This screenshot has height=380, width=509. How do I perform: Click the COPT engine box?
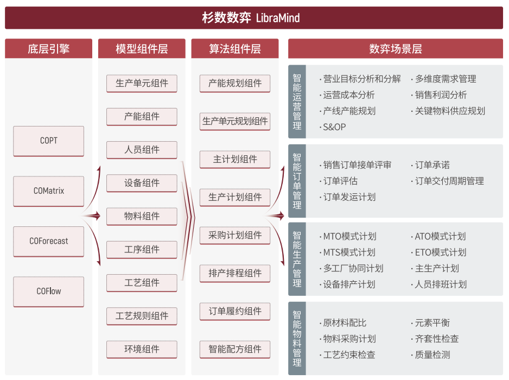pyautogui.click(x=48, y=141)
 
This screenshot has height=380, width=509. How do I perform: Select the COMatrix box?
pyautogui.click(x=48, y=191)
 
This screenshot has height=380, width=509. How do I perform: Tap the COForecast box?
pyautogui.click(x=48, y=242)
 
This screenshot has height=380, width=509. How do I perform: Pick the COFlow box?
pyautogui.click(x=48, y=292)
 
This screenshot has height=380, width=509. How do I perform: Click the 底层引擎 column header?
pyautogui.click(x=48, y=49)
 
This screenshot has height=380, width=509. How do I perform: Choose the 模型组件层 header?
pyautogui.click(x=142, y=49)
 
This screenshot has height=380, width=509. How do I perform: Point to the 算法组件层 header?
pyautogui.click(x=235, y=49)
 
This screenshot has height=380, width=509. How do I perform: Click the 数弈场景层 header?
pyautogui.click(x=396, y=49)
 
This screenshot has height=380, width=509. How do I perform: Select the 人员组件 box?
pyautogui.click(x=142, y=150)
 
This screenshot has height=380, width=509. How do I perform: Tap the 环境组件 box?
pyautogui.click(x=142, y=349)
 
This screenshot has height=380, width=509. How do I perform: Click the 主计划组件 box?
pyautogui.click(x=235, y=160)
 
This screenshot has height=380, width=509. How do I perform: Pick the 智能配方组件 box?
pyautogui.click(x=235, y=349)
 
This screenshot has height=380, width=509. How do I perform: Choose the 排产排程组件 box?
pyautogui.click(x=235, y=273)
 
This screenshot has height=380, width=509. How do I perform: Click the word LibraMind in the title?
pyautogui.click(x=278, y=18)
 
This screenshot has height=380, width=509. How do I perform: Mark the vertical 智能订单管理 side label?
pyautogui.click(x=297, y=181)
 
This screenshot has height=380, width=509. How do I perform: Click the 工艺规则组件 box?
pyautogui.click(x=142, y=316)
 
